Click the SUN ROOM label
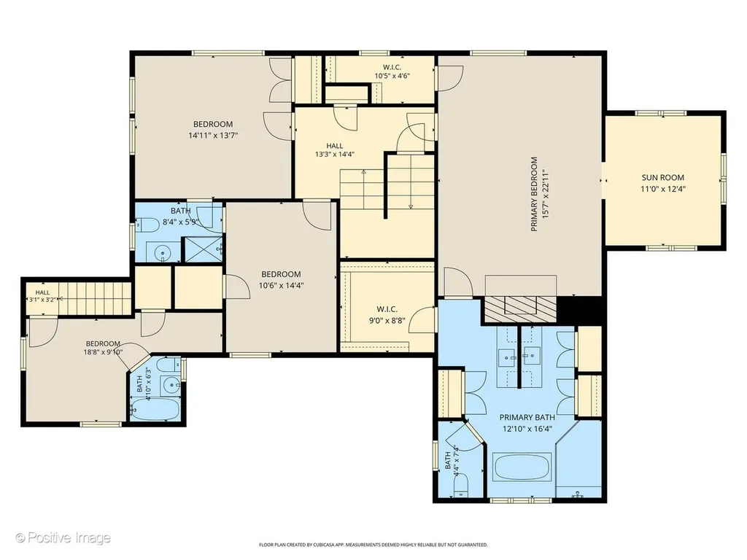[x=662, y=178]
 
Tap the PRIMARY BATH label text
[x=527, y=418]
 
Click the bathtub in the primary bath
[x=522, y=467]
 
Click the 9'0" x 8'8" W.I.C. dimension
[x=387, y=321]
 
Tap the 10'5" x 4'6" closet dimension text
[x=392, y=75]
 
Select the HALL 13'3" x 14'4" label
[x=334, y=149]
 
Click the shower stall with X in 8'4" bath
[x=203, y=249]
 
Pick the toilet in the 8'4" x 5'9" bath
[x=147, y=223]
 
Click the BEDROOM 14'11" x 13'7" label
[x=213, y=130]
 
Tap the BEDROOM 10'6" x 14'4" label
[x=281, y=279]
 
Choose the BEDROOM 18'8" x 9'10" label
[x=103, y=348]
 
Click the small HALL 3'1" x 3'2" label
[x=42, y=296]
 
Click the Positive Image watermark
[x=63, y=537]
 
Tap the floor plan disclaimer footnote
[x=373, y=544]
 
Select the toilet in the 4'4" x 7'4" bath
[x=461, y=486]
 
